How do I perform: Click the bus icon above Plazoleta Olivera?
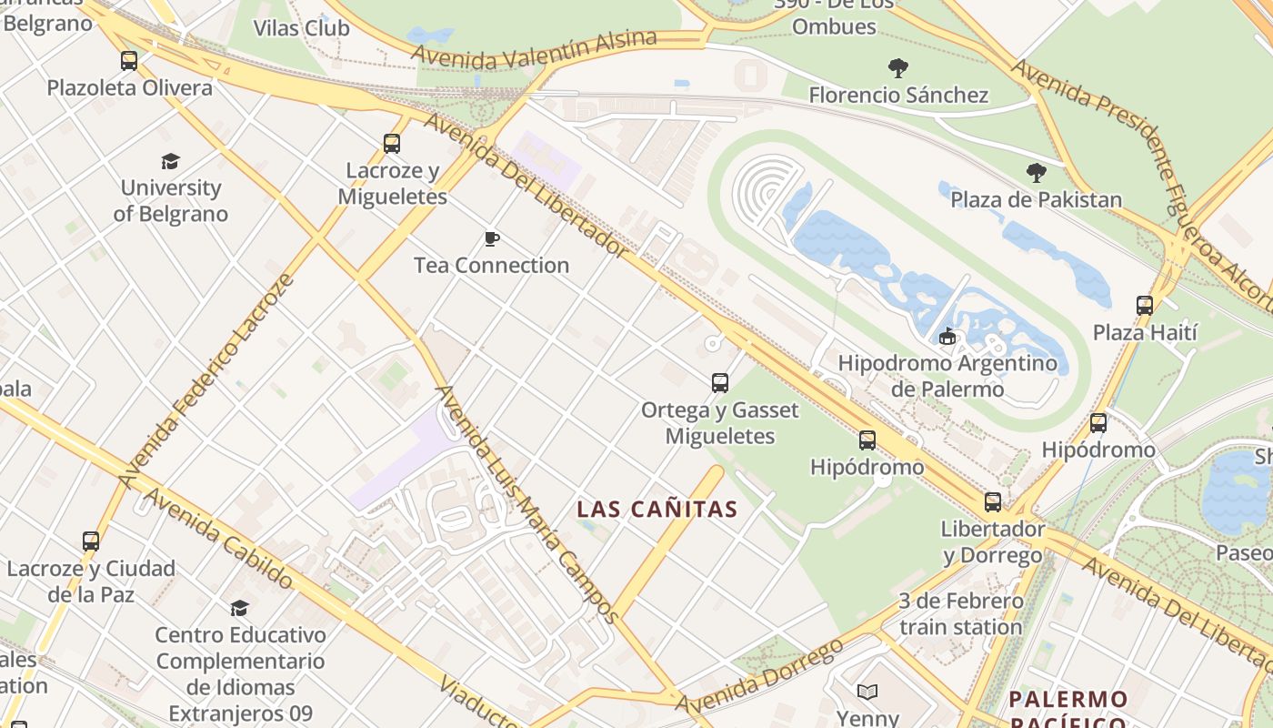pyautogui.click(x=129, y=61)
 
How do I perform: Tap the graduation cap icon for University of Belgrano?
pyautogui.click(x=170, y=162)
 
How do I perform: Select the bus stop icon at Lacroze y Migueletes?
pyautogui.click(x=392, y=144)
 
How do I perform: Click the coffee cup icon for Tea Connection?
pyautogui.click(x=492, y=239)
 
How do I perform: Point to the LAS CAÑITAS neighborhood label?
pyautogui.click(x=657, y=510)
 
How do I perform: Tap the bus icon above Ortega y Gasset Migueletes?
pyautogui.click(x=720, y=383)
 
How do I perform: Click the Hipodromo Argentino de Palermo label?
pyautogui.click(x=947, y=376)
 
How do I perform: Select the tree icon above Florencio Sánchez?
pyautogui.click(x=898, y=68)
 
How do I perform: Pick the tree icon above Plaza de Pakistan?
pyautogui.click(x=1036, y=173)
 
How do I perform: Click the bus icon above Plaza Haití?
pyautogui.click(x=1145, y=306)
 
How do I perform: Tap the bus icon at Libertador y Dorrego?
pyautogui.click(x=993, y=502)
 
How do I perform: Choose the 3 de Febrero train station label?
pyautogui.click(x=961, y=614)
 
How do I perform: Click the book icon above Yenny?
pyautogui.click(x=867, y=693)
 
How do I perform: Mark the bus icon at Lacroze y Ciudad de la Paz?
pyautogui.click(x=91, y=541)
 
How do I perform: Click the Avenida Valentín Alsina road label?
pyautogui.click(x=534, y=50)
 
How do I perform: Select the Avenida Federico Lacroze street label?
pyautogui.click(x=207, y=379)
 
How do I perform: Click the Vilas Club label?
pyautogui.click(x=301, y=28)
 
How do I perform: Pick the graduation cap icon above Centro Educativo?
pyautogui.click(x=239, y=608)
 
